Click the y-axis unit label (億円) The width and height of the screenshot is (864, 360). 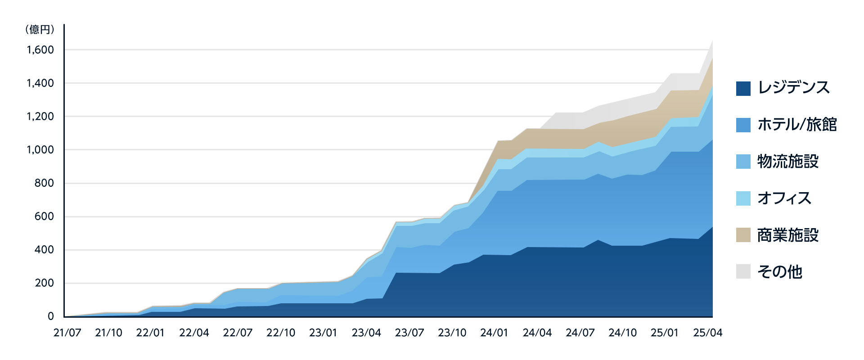[40, 30]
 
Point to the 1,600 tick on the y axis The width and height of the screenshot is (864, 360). [40, 49]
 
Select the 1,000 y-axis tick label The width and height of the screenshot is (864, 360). [40, 149]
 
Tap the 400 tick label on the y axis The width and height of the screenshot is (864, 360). [44, 250]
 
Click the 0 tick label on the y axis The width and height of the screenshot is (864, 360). [51, 316]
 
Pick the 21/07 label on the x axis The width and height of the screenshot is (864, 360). [67, 333]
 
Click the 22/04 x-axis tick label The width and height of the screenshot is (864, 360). [194, 333]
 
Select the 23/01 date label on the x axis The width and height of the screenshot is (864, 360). [323, 333]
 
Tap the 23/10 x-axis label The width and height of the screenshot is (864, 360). [452, 333]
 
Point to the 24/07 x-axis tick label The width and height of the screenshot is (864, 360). [580, 333]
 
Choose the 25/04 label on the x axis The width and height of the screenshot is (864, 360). [707, 333]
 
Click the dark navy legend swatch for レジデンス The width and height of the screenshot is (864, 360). [743, 88]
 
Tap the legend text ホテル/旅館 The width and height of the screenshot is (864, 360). [797, 125]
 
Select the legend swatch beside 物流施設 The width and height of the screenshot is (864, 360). [743, 162]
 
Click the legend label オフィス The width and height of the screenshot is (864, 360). [784, 198]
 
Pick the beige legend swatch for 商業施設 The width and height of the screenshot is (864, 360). [743, 235]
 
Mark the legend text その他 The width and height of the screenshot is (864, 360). [780, 272]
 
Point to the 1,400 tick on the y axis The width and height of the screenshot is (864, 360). [40, 83]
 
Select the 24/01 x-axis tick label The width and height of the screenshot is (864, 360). [494, 333]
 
